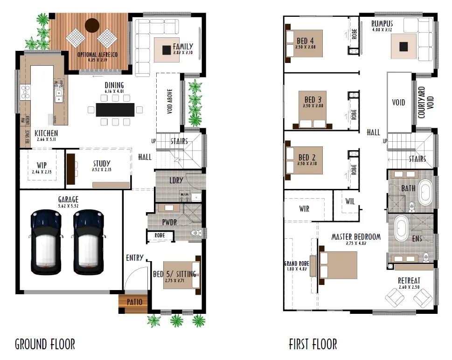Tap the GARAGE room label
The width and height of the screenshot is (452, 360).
pos(68,200)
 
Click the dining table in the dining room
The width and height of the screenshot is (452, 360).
pos(115,110)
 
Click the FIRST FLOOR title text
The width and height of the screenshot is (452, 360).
pos(313,345)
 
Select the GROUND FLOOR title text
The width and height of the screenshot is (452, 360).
pos(45,345)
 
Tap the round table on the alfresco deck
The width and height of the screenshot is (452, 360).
pos(92,24)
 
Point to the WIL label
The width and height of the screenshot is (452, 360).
pos(350,202)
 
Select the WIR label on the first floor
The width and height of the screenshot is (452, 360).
pos(304,209)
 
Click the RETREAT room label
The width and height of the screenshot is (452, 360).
pos(409,280)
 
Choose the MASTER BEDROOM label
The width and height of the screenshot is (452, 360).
pos(356,236)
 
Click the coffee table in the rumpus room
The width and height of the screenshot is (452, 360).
pos(403,46)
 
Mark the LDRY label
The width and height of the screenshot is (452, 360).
pos(176,180)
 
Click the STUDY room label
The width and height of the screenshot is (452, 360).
pos(102,163)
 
